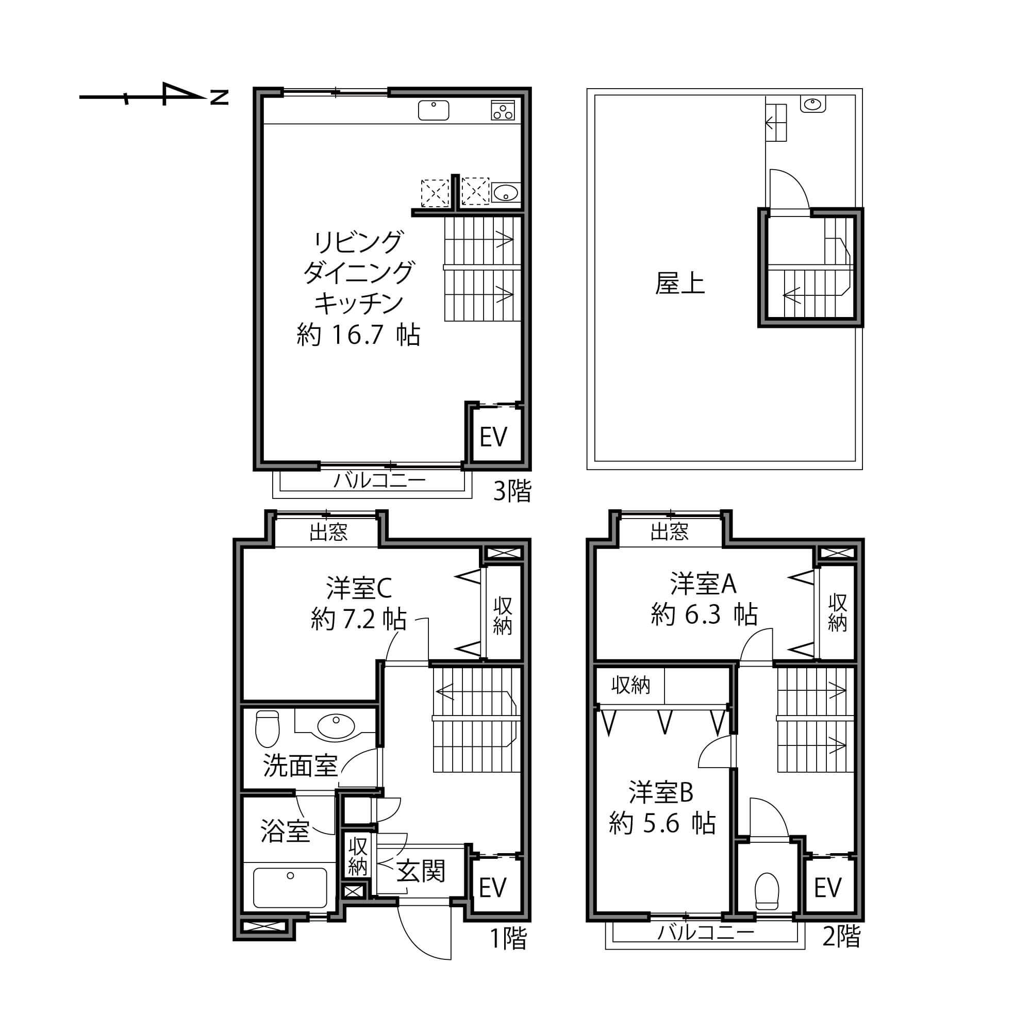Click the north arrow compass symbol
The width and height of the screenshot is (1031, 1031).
[x=154, y=96]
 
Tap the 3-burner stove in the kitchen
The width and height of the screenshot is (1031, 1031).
[x=503, y=110]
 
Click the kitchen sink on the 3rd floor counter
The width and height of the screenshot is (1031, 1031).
[x=434, y=110]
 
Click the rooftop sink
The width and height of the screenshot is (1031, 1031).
[x=812, y=105]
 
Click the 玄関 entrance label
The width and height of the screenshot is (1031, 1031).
[x=420, y=872]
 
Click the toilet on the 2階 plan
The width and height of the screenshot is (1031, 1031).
[x=767, y=891]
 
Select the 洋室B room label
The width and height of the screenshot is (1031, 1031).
[x=661, y=792]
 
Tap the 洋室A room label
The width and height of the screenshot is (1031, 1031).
[x=703, y=584]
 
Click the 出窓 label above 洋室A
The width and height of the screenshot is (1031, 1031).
[x=669, y=531]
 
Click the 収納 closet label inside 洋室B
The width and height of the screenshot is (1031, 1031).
[x=630, y=685]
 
